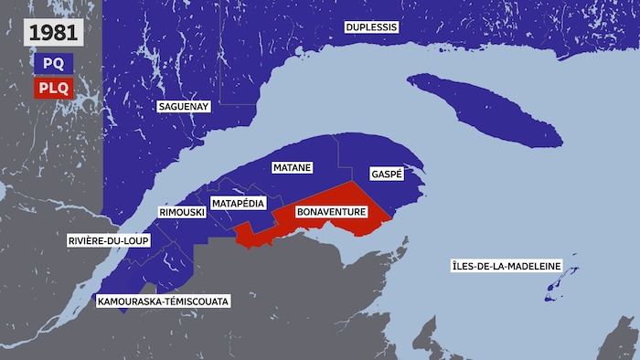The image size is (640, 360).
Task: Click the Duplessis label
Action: click(x=371, y=27)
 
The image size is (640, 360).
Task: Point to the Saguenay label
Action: click(x=184, y=107)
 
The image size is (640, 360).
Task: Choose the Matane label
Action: click(x=293, y=168)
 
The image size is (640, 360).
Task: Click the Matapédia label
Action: click(x=239, y=202)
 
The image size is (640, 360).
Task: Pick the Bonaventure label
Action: click(x=331, y=212)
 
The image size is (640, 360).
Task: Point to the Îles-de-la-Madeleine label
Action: click(x=502, y=268)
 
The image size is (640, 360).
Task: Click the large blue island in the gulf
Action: click(x=485, y=110)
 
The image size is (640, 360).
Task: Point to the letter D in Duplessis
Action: click(x=349, y=27)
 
